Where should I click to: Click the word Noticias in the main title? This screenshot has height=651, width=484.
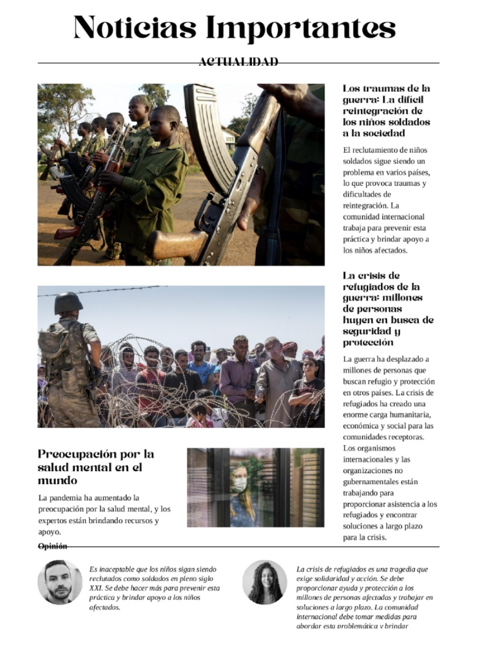135,27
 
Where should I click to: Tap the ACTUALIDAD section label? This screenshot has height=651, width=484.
238,62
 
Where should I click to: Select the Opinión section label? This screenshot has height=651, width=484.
53,546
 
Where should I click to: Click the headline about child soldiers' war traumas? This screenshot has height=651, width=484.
386,111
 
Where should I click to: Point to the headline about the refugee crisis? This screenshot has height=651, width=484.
388,309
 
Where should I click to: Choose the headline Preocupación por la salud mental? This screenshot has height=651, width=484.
96,467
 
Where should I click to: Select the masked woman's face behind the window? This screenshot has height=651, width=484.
240,484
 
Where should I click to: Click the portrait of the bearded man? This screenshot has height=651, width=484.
59,582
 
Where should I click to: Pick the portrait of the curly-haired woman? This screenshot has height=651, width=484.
265,582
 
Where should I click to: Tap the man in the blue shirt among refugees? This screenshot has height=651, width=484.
201,365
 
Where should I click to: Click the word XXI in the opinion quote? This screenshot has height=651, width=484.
96,588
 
